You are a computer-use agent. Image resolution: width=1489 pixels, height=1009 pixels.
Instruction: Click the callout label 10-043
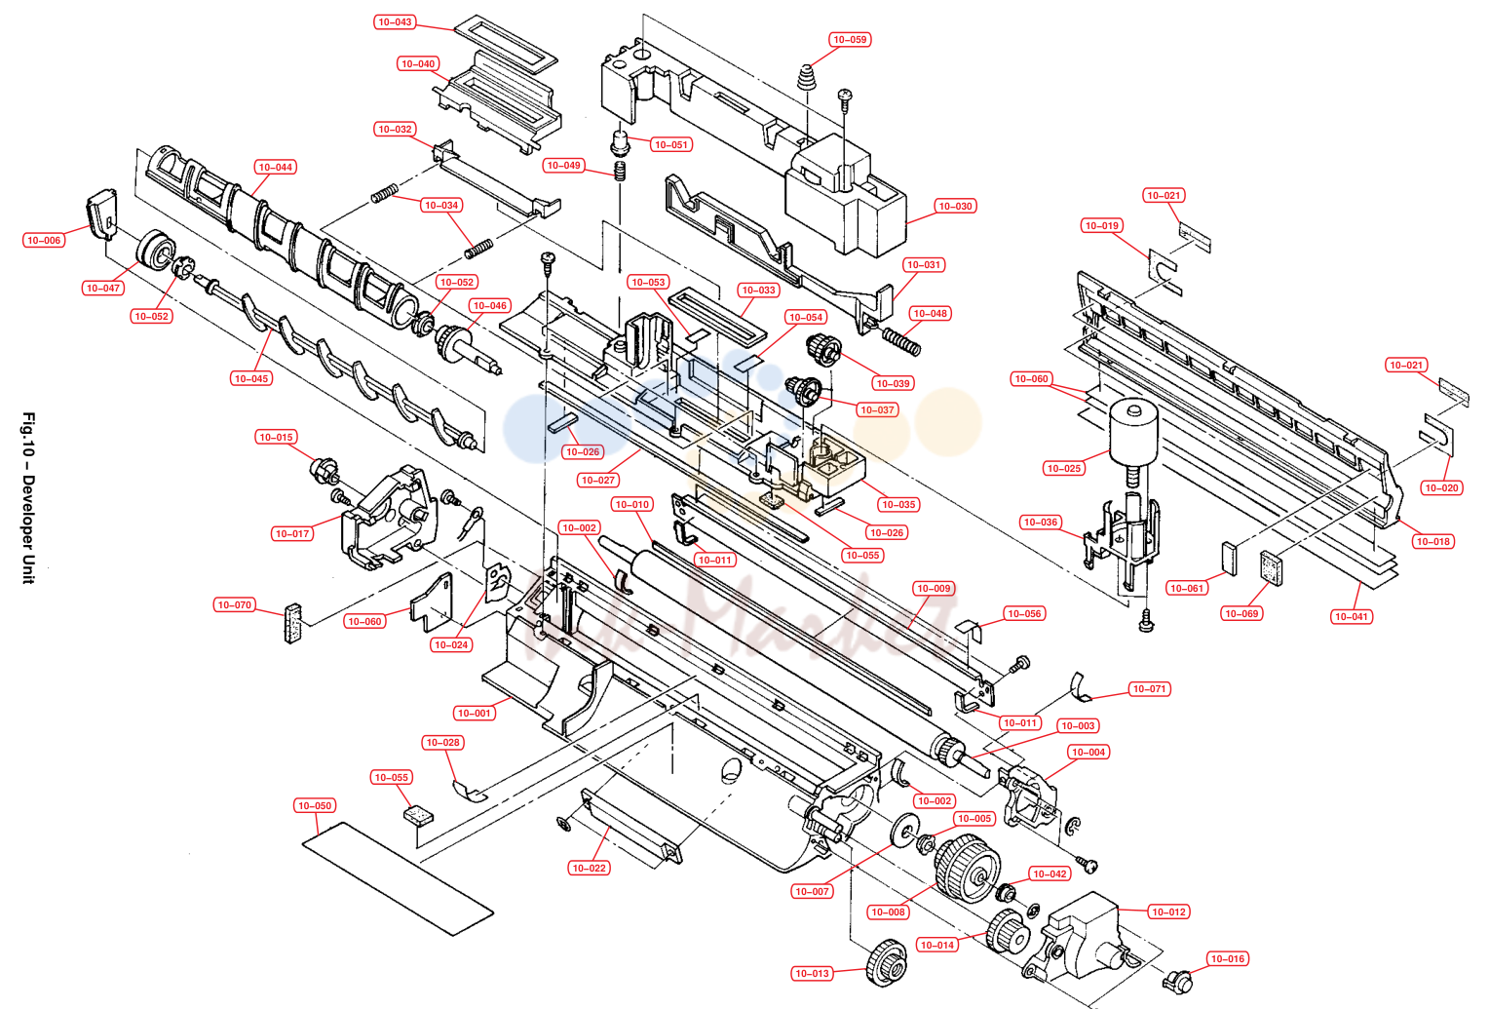click(395, 22)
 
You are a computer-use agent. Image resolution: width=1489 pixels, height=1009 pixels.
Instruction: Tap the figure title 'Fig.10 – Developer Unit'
click(28, 498)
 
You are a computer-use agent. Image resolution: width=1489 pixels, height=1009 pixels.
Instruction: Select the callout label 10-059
click(850, 39)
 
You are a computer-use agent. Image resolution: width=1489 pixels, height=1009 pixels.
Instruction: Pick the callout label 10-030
click(955, 207)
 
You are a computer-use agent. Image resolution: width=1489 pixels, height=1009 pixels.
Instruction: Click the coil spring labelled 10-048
click(902, 340)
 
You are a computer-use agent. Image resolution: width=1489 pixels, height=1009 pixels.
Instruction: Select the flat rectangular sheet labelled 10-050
click(398, 878)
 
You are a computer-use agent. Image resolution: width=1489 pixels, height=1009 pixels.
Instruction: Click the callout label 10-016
click(1227, 958)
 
